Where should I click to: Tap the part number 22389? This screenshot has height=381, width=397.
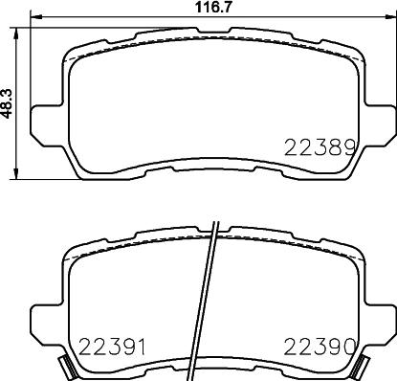[321, 147]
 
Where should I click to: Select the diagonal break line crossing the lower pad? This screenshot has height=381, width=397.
[210, 306]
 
